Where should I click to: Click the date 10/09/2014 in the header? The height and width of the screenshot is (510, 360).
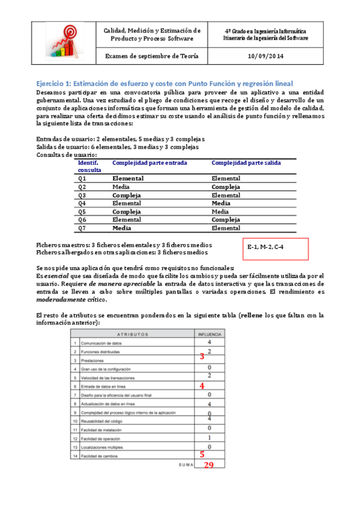[x=265, y=56]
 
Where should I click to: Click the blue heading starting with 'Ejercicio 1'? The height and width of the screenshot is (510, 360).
[x=165, y=83]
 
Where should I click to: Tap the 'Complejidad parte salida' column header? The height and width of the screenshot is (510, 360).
[x=246, y=162]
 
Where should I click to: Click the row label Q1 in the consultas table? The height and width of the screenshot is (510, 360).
[x=82, y=179]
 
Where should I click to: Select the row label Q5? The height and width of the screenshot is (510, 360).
[x=82, y=212]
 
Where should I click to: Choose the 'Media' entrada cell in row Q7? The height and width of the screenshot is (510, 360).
[x=122, y=229]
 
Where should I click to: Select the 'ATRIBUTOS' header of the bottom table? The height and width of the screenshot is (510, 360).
[x=133, y=334]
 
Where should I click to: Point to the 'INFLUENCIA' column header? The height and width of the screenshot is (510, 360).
[x=209, y=334]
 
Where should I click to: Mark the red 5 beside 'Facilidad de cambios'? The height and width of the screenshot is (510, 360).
[x=202, y=455]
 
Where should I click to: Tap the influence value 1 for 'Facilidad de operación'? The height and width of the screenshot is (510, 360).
[x=209, y=438]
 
